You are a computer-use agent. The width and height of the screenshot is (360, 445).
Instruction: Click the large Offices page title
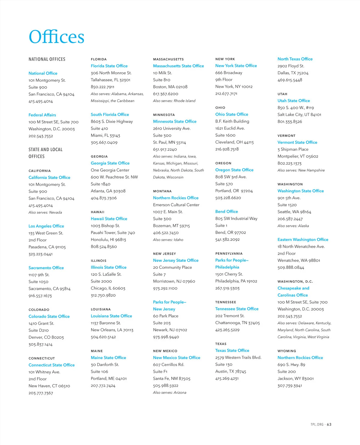coord(56,37)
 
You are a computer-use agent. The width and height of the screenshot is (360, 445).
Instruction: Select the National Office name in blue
coord(43,73)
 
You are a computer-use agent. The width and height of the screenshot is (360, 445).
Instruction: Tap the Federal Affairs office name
coord(42,115)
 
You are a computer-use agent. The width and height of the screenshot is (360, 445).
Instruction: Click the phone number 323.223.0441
coord(40,254)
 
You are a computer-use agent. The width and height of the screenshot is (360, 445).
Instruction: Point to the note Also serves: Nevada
coord(45,212)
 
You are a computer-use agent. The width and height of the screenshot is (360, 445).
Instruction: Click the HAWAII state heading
coord(97,212)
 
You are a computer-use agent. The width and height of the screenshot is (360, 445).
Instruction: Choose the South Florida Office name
coord(110,115)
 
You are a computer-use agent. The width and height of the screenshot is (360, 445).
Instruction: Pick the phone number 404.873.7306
coord(104,198)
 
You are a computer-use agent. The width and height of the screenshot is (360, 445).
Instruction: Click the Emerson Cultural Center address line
coord(176,205)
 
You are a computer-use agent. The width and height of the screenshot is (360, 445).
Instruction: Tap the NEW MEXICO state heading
coord(165,351)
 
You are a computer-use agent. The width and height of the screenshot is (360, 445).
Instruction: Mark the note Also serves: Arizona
coord(169,392)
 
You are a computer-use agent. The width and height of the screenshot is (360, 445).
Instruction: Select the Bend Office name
coord(226,212)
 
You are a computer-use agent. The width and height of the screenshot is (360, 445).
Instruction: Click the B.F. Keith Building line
coord(232,121)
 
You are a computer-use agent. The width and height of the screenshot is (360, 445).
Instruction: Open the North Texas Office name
coord(295,59)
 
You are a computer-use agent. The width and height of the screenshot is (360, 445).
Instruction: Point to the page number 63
coord(329,425)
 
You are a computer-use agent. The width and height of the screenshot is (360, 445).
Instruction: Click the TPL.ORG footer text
coord(317,425)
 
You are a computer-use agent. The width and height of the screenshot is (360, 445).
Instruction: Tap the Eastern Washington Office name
coord(303,240)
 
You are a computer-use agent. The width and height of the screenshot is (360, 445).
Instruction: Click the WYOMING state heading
coord(287,351)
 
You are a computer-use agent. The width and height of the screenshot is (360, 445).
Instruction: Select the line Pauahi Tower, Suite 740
coord(113,233)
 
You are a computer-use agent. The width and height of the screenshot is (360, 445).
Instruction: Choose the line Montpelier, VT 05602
coord(298,156)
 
